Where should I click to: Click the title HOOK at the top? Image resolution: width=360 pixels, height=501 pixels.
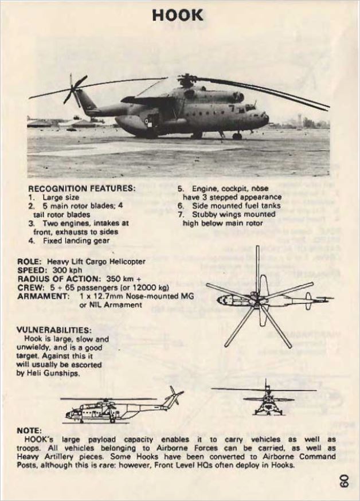point(178,15)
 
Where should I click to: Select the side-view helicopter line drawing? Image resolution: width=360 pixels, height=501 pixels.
point(120,407)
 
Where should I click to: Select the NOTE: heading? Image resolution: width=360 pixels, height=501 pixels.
point(29,429)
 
